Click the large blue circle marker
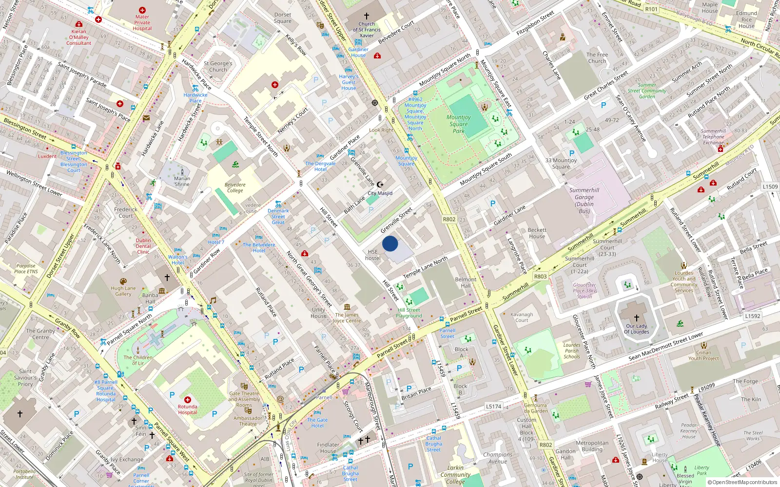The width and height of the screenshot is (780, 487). pos(390,243)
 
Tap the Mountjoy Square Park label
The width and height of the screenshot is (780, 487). pos(458,124)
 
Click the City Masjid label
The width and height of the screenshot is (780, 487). pos(380,193)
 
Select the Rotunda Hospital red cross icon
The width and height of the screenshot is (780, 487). pos(188,399)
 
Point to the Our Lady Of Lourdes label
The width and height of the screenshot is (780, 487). pos(636,329)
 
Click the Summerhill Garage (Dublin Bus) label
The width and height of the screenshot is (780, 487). pos(584,201)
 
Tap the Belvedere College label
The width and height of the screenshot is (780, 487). pos(235,187)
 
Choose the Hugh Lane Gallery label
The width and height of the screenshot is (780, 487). pos(123,291)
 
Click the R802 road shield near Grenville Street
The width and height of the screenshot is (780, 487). pos(449,219)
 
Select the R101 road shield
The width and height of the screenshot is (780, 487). pos(651,9)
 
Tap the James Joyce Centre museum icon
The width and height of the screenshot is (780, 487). pos(347,307)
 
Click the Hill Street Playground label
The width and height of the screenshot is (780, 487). pos(409,313)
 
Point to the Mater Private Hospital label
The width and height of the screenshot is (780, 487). pos(142,22)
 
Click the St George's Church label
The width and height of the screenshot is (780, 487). pos(218,67)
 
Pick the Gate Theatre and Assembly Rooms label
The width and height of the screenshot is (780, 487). pos(244,399)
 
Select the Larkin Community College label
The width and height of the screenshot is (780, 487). pos(455,475)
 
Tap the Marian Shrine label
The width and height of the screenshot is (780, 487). pos(182,181)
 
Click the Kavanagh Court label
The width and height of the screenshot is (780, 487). pos(522,318)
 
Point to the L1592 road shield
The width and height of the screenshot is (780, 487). pos(752,316)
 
